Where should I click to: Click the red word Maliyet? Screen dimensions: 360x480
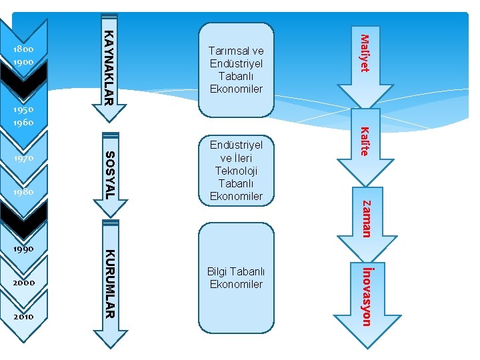click(365, 53)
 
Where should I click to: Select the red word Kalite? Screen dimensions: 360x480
click(365, 141)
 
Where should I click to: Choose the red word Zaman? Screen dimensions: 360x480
click(366, 219)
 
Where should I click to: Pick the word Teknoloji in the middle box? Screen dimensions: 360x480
click(237, 171)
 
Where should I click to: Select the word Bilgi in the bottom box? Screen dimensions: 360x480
click(217, 271)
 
